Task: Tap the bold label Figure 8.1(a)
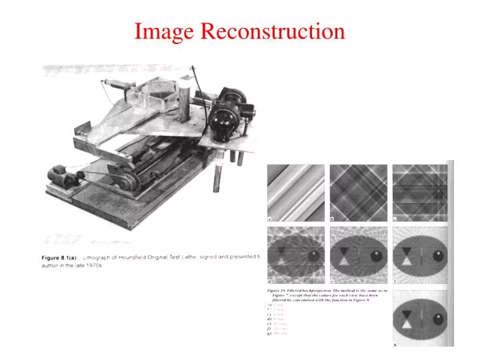[x=58, y=257]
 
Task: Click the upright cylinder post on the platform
[x=187, y=87]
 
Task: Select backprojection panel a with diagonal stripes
[x=296, y=193]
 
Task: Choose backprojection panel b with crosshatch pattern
[x=358, y=193]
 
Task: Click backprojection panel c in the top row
[x=419, y=193]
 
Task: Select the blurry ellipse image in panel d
[x=296, y=256]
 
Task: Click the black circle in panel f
[x=438, y=255]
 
